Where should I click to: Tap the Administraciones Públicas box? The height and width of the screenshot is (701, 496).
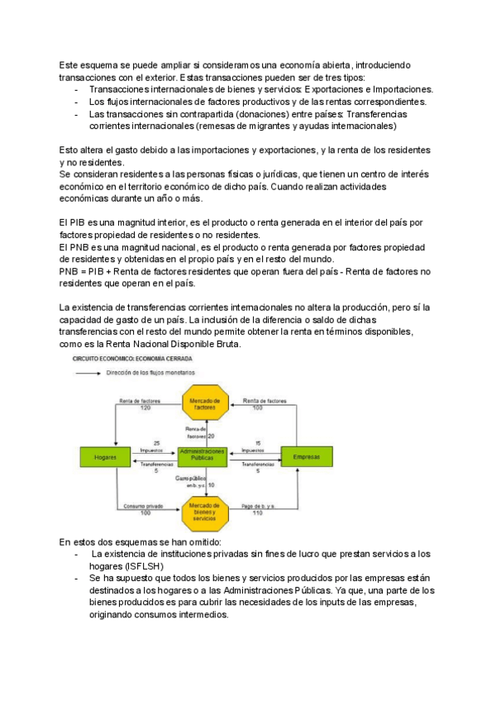pos(203,455)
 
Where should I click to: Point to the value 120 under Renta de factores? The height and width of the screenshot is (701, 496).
pos(145,408)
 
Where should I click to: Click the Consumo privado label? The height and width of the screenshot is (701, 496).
pos(145,506)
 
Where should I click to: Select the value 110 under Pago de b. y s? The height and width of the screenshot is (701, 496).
pos(257,513)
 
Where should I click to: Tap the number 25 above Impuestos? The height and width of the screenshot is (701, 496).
pos(157,443)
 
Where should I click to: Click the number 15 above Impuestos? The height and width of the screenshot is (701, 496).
pos(258,443)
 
